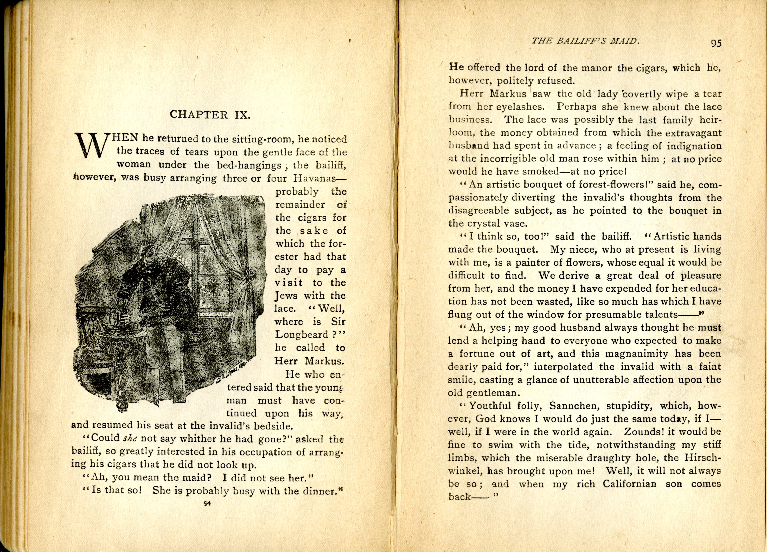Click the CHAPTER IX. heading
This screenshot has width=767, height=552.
coord(210,115)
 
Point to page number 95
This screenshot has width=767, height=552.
coord(716,43)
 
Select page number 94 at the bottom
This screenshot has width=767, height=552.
coord(207,503)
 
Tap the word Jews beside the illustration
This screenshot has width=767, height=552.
coord(286,296)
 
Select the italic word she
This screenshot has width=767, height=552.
coord(130,438)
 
